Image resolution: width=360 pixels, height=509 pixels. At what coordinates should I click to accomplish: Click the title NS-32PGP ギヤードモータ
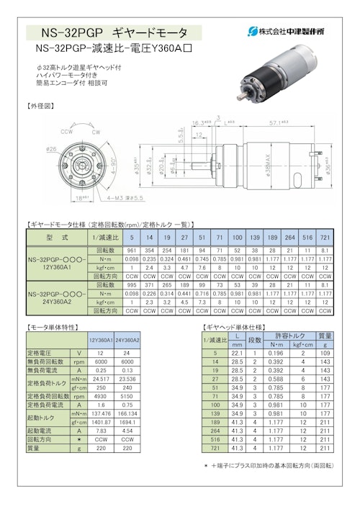click(114, 32)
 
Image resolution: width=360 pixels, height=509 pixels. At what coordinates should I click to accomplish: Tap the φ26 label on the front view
click(52, 149)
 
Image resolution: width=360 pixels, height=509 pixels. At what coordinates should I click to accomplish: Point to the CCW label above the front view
click(66, 132)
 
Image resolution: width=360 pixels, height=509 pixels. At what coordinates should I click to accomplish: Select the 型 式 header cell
click(56, 236)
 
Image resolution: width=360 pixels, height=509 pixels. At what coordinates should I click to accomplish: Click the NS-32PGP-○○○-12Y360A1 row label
click(56, 263)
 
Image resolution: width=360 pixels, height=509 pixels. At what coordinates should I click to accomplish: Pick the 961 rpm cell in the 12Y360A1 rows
click(132, 249)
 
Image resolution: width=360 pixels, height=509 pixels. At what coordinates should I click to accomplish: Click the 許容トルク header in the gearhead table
click(292, 335)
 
